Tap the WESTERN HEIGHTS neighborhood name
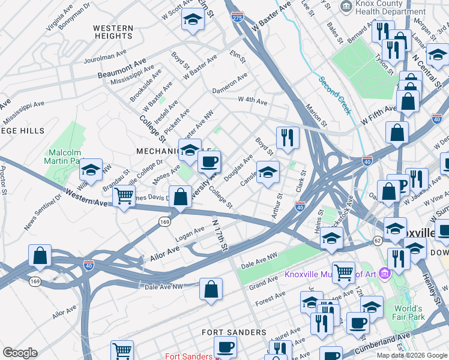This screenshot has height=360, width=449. tap(113, 32)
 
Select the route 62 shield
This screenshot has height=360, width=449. tap(377, 241)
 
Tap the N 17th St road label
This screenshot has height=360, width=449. tap(220, 234)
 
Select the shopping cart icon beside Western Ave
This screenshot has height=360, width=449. tap(124, 196)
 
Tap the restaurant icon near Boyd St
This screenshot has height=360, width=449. tap(288, 138)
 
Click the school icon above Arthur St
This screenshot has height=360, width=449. tap(268, 172)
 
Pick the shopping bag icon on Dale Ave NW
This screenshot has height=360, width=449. tap(211, 289)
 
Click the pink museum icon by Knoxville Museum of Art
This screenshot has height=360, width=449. tap(384, 274)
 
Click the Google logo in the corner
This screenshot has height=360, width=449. tap(20, 352)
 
